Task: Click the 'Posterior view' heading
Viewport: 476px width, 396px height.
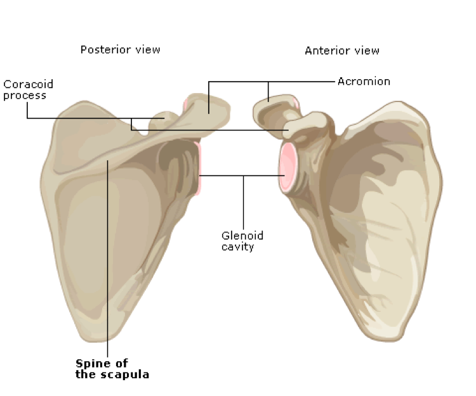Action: coord(120,49)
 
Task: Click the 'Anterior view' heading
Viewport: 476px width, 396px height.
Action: coord(341,50)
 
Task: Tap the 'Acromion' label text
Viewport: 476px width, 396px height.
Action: coord(364,81)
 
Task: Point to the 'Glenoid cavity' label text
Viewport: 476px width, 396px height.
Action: coord(242,241)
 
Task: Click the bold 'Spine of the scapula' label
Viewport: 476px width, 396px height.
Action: coord(112,369)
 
